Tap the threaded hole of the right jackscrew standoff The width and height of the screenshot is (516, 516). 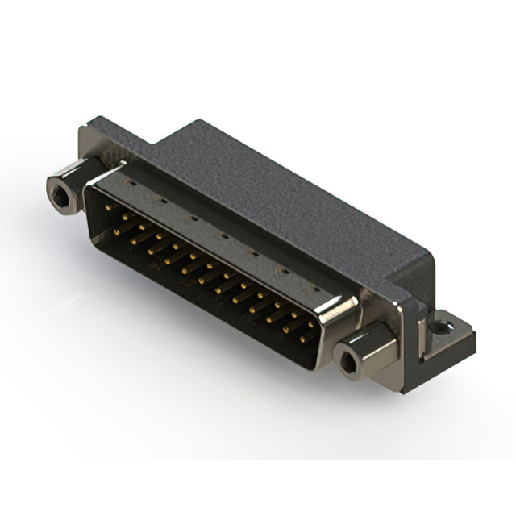point(349,364)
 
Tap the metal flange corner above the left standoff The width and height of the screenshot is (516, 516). point(89,137)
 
